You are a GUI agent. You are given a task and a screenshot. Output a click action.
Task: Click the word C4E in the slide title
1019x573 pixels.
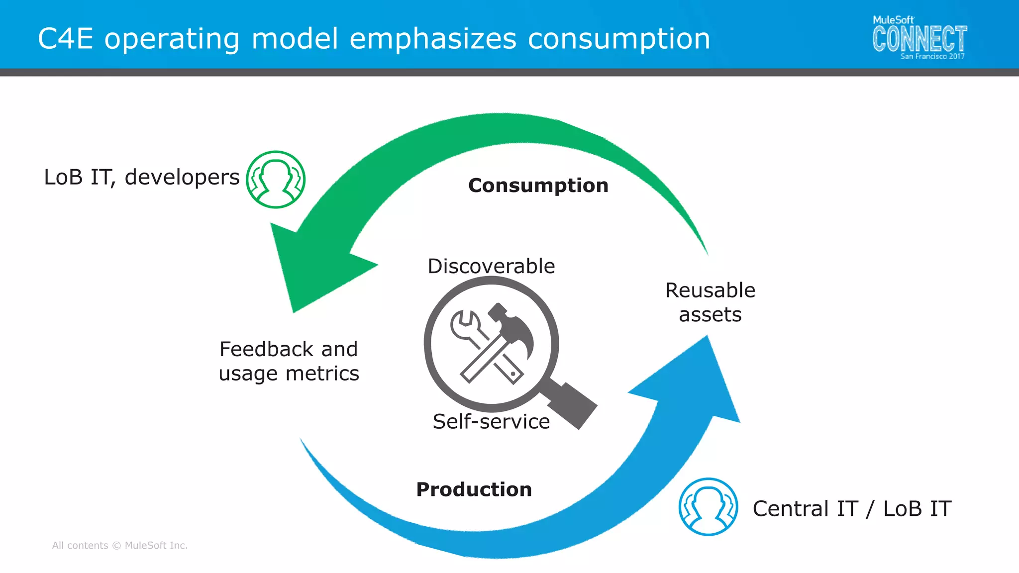pyautogui.click(x=65, y=39)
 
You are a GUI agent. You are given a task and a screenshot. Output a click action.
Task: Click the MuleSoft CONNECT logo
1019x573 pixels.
pyautogui.click(x=919, y=38)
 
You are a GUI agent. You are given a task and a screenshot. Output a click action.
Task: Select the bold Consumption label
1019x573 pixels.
pyautogui.click(x=538, y=186)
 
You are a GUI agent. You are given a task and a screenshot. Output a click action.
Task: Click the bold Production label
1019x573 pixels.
pyautogui.click(x=474, y=489)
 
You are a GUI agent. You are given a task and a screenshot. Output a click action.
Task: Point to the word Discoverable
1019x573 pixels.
pyautogui.click(x=491, y=266)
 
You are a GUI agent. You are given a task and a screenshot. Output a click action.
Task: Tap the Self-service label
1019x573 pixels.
pyautogui.click(x=491, y=421)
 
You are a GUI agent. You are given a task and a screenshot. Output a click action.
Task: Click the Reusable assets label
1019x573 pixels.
pyautogui.click(x=710, y=302)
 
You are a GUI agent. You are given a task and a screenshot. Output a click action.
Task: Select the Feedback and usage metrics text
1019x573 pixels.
pyautogui.click(x=289, y=361)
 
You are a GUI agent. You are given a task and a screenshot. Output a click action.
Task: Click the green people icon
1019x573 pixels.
pyautogui.click(x=276, y=180)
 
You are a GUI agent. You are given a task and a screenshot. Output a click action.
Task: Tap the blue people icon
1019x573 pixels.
pyautogui.click(x=708, y=507)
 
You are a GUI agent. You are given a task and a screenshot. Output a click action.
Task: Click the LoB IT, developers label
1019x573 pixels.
pyautogui.click(x=142, y=177)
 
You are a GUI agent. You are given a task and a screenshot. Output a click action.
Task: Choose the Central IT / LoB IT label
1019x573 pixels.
pyautogui.click(x=852, y=508)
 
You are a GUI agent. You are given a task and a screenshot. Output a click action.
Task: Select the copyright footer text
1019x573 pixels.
pyautogui.click(x=120, y=545)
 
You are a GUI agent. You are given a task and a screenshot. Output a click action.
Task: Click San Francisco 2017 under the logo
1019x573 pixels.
pyautogui.click(x=932, y=57)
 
